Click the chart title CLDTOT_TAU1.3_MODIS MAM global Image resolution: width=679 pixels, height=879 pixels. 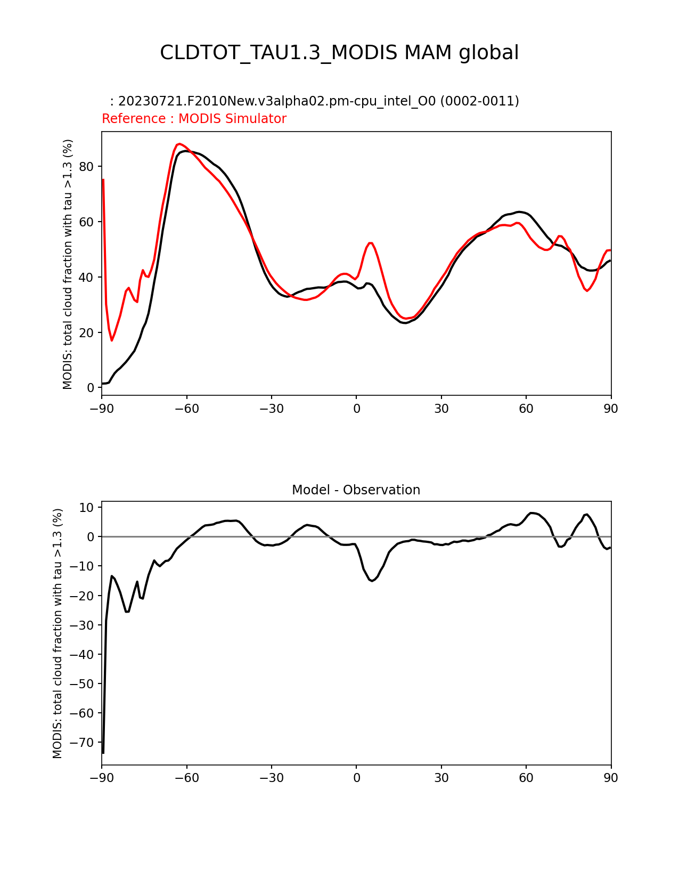tap(339, 53)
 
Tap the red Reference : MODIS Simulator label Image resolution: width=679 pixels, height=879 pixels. tap(194, 119)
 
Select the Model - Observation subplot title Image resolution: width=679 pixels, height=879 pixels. tap(356, 490)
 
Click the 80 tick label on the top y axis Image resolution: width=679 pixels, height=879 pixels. tap(86, 167)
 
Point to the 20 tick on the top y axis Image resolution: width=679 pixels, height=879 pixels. tap(86, 333)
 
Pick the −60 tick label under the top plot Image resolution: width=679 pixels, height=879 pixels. tap(186, 409)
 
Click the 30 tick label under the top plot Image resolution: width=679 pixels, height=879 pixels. tap(441, 409)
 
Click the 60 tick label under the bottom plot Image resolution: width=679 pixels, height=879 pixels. tap(526, 778)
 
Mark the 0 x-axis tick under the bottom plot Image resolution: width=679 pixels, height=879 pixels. tap(356, 778)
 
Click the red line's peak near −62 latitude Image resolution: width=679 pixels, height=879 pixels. tap(179, 144)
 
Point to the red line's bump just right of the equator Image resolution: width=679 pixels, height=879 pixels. tap(371, 243)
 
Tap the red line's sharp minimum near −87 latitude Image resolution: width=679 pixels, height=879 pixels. tap(112, 340)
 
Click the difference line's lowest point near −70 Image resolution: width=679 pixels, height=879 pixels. tap(103, 752)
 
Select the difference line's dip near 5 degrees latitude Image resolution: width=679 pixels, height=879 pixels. tap(372, 581)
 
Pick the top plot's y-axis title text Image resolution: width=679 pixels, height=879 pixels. tap(68, 264)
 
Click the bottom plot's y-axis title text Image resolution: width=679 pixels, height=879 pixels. tap(58, 633)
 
